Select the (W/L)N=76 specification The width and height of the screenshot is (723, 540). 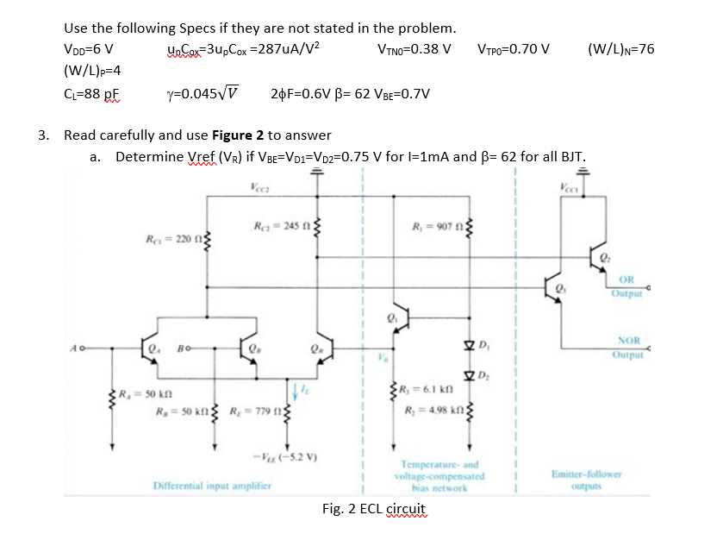[620, 48]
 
